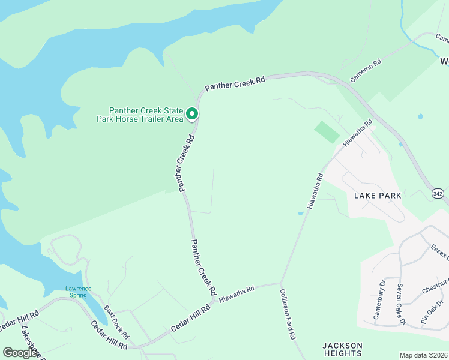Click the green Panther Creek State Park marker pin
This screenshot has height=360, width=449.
point(192,113)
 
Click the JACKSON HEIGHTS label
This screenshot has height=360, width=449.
point(342,349)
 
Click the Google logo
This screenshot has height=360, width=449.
point(20,353)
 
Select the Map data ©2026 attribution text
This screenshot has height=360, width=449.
point(424,355)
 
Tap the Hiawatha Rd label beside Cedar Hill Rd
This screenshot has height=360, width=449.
point(237,293)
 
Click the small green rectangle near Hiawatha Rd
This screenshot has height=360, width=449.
point(327,132)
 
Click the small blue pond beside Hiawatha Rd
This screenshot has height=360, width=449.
point(301,213)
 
